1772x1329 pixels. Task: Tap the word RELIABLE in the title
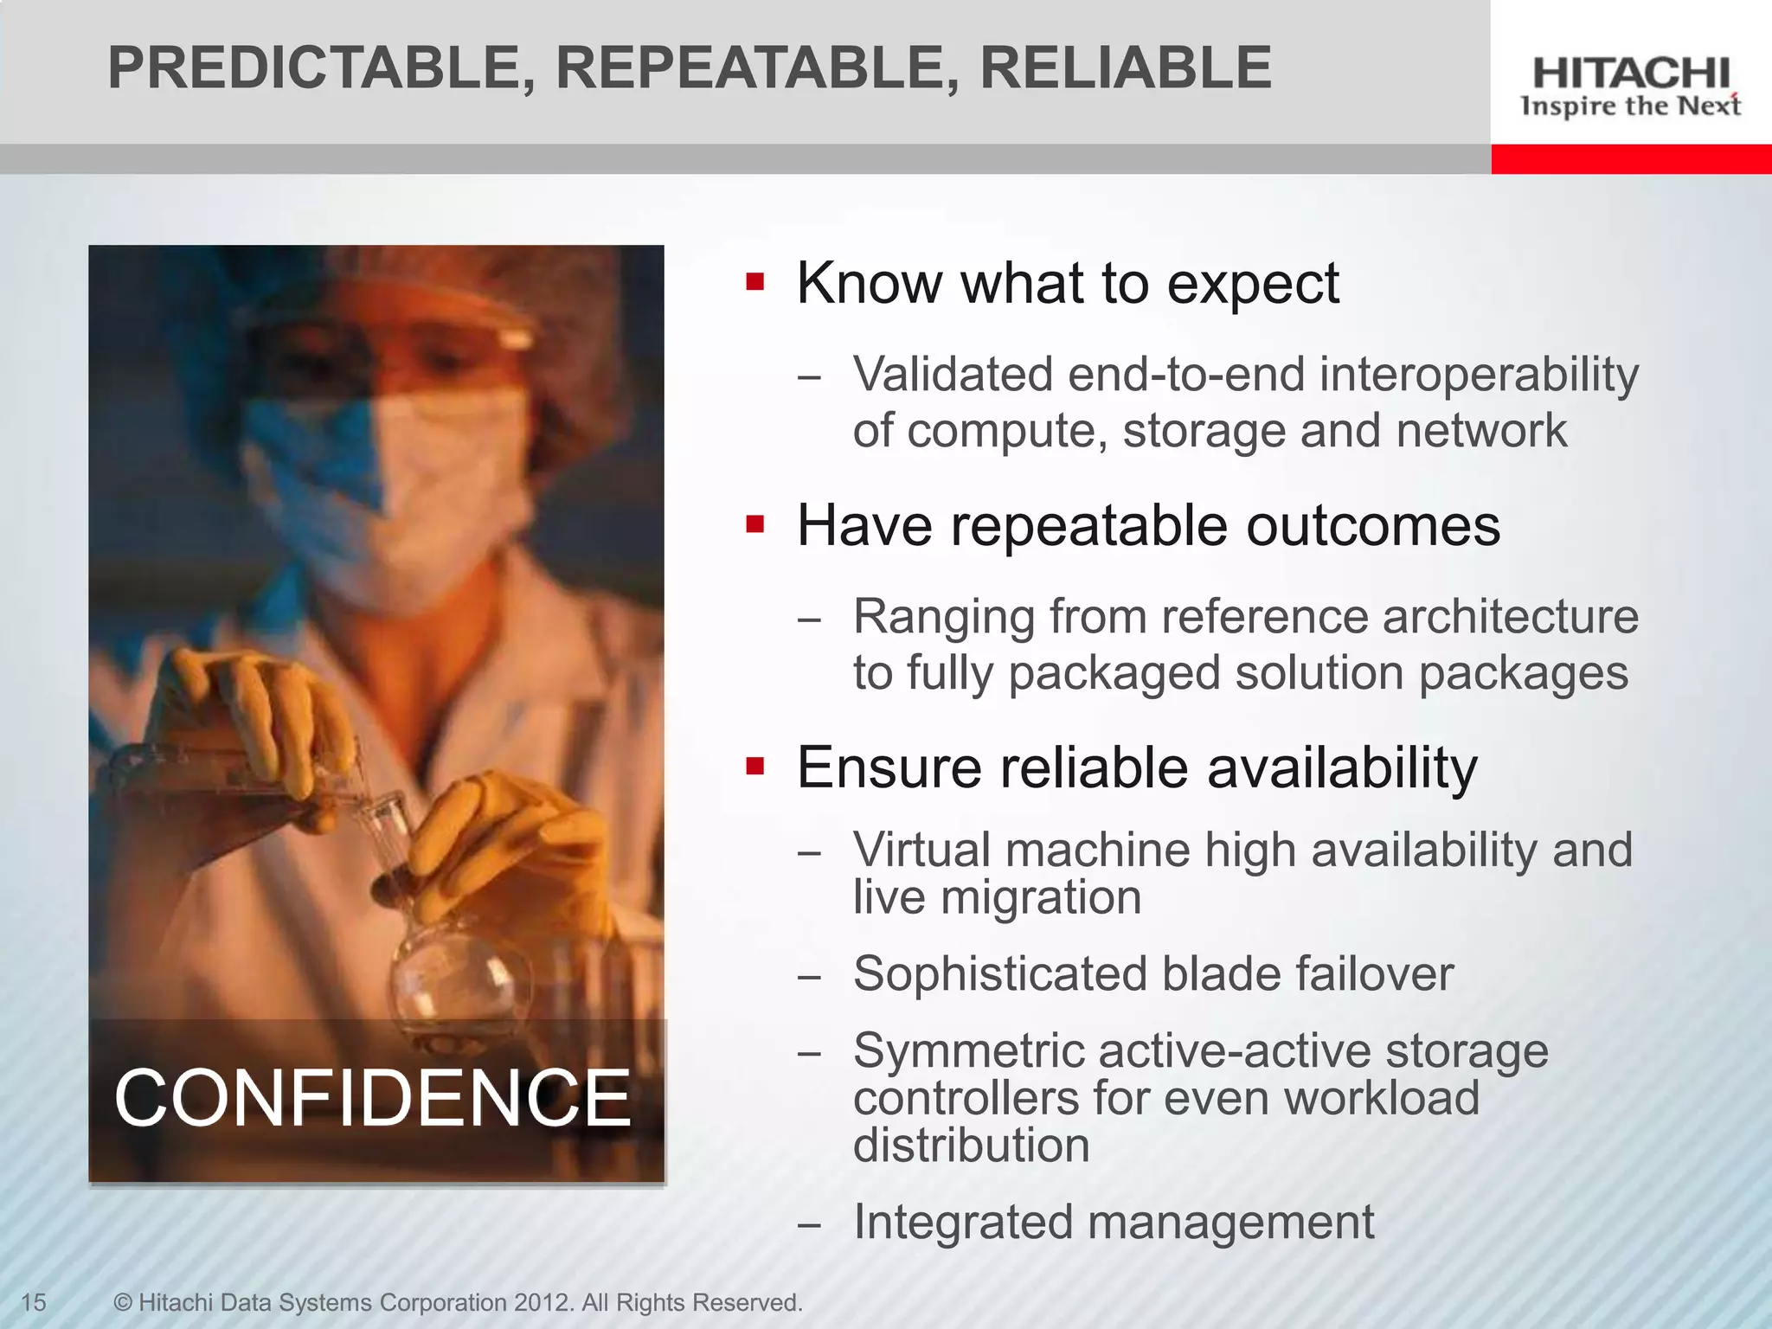tap(1125, 68)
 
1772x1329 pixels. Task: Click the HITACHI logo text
tap(1631, 73)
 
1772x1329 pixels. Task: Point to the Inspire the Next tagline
tap(1631, 106)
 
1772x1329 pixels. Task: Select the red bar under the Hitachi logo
tap(1631, 159)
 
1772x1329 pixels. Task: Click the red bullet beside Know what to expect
tap(755, 282)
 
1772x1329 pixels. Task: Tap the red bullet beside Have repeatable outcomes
tap(755, 524)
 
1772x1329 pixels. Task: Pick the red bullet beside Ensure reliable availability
tap(755, 767)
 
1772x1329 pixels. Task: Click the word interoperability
tap(1479, 375)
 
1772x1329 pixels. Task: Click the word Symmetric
tap(969, 1051)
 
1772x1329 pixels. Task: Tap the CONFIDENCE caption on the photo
tap(372, 1098)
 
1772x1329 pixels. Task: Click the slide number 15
tap(33, 1302)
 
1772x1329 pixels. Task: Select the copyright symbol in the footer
tap(124, 1302)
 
